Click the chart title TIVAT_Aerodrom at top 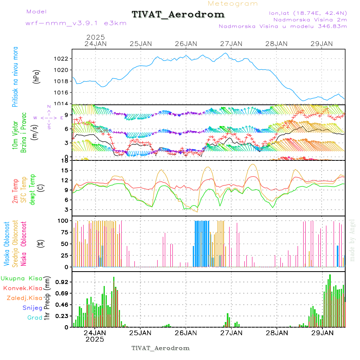point(178,14)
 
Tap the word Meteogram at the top point(233,4)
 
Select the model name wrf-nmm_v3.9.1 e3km point(76,23)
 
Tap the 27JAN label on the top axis point(231,43)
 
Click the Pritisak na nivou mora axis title point(15,76)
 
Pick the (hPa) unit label point(37,76)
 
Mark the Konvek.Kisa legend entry point(22,288)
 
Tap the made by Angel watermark point(352,240)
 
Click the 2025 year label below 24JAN point(95,339)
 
